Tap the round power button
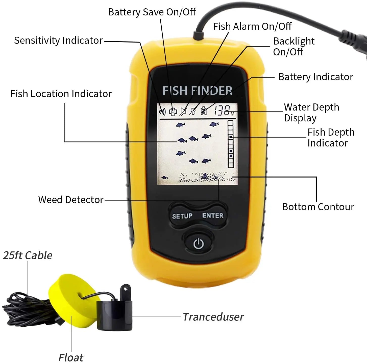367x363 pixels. coord(199,243)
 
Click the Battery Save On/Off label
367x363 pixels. coord(152,12)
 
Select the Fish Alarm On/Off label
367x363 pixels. coord(252,27)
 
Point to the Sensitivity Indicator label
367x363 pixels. coord(58,40)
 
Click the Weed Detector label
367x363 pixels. coord(71,200)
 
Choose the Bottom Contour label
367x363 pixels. coord(318,207)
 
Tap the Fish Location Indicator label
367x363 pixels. coord(61,94)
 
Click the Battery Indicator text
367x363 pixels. coord(315,77)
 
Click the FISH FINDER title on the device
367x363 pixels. coord(197,91)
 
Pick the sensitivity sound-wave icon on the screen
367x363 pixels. coord(162,112)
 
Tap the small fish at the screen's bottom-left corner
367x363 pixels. coord(164,178)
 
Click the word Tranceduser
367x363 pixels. coord(213,317)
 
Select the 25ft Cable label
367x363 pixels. coord(28,255)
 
